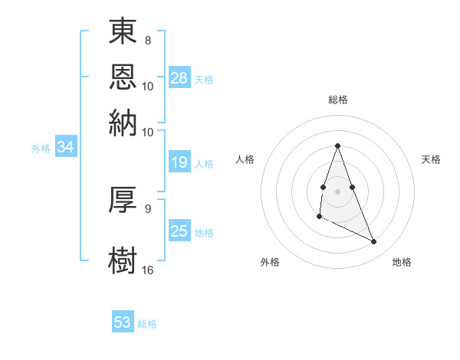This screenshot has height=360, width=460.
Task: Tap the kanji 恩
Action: click(x=123, y=77)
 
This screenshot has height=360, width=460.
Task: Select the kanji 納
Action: click(x=123, y=122)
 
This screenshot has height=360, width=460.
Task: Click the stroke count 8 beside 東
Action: click(x=148, y=39)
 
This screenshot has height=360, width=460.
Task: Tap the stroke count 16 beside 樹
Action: click(x=148, y=270)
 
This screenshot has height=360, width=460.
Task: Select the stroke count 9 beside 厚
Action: click(x=148, y=208)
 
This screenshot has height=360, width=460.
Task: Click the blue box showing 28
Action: click(x=179, y=78)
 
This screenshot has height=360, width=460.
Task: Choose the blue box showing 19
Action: click(x=179, y=162)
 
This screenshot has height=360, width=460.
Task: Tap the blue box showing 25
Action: click(x=179, y=231)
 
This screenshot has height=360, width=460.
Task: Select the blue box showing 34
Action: click(x=66, y=148)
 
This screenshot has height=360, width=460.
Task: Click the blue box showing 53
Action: click(x=123, y=322)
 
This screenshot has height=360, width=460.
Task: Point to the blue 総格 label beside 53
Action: click(x=147, y=324)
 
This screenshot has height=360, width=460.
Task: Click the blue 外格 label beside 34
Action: click(x=41, y=149)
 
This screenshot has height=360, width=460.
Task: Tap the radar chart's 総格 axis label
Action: click(x=338, y=100)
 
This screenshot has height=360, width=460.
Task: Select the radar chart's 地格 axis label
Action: click(x=402, y=263)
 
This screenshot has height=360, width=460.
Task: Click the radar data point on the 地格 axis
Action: click(x=374, y=241)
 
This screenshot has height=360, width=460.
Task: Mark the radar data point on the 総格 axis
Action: click(x=338, y=146)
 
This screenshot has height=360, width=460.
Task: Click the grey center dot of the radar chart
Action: click(x=338, y=190)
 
